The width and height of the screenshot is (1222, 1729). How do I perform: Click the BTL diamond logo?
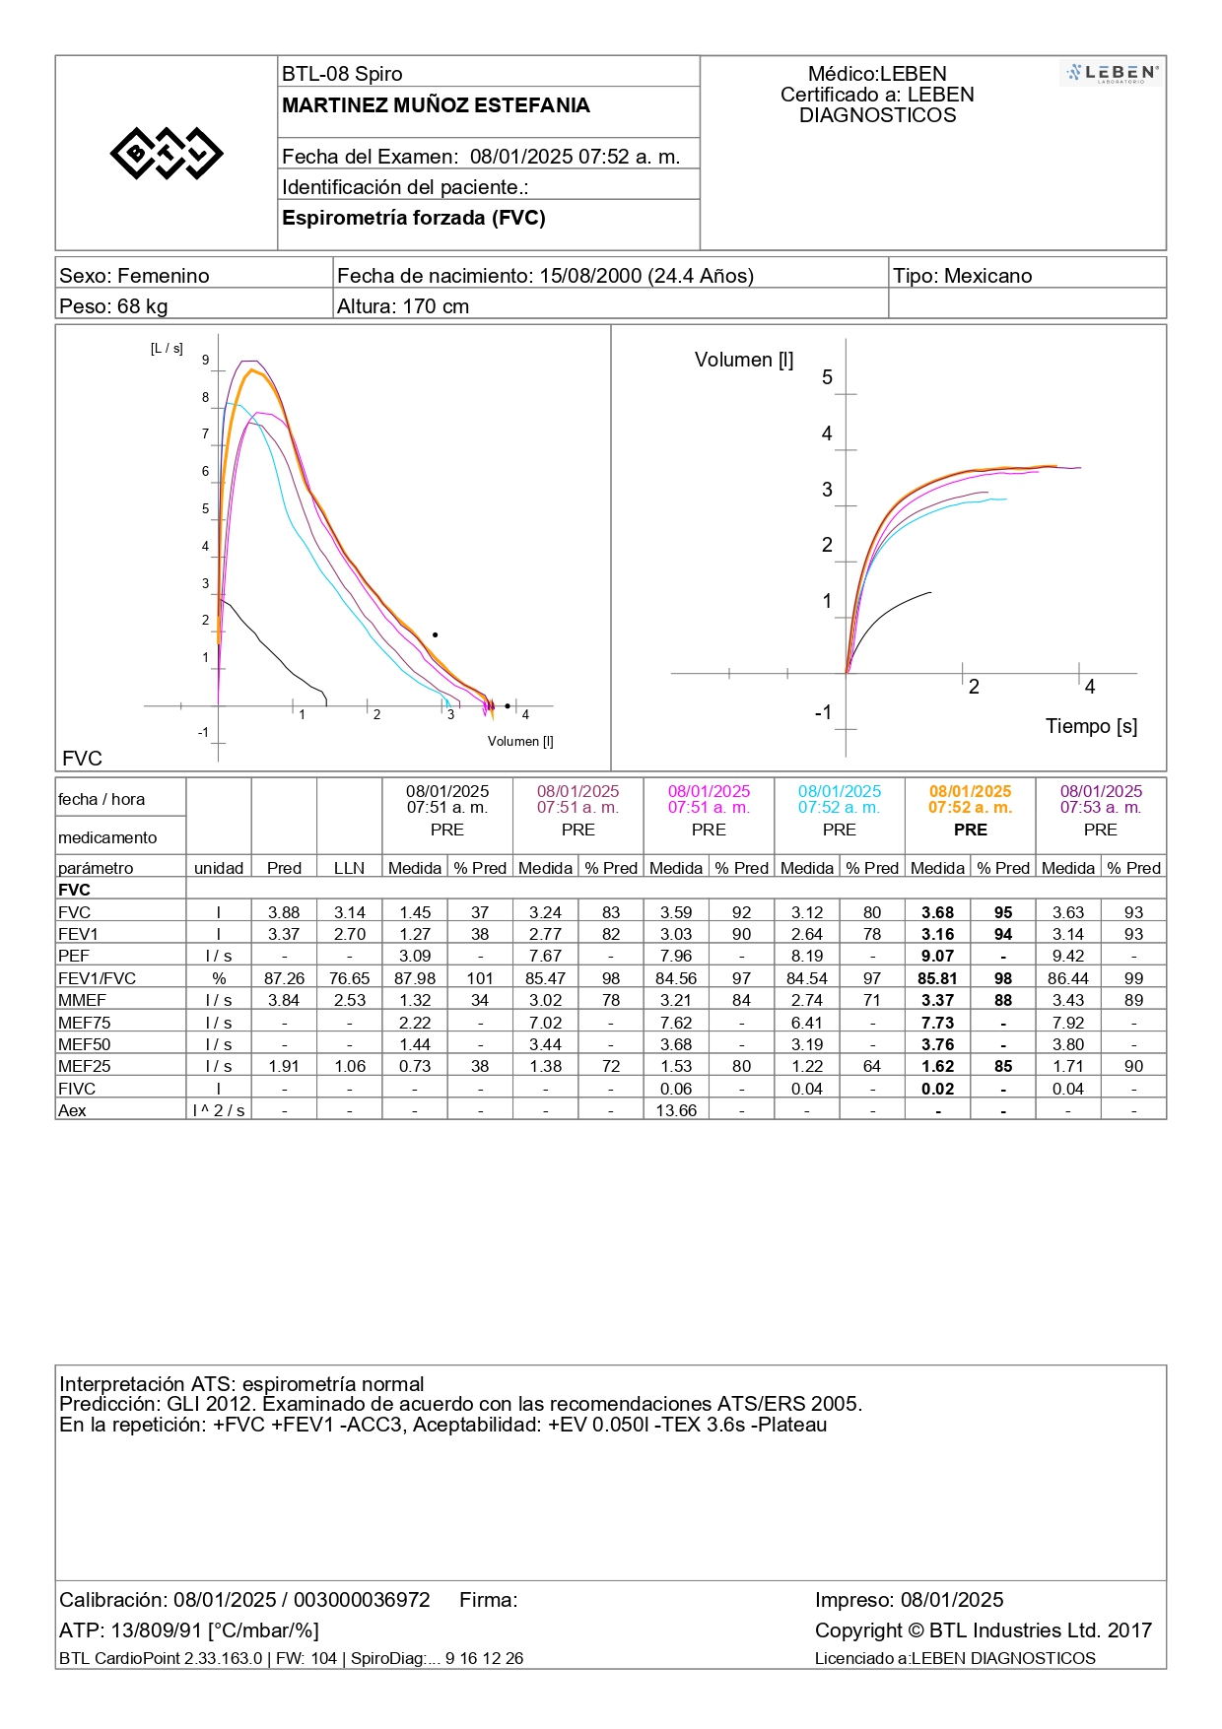coord(167,153)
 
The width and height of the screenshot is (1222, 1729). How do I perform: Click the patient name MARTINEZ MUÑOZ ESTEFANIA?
coord(436,105)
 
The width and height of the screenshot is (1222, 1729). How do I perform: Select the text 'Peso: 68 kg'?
coord(113,306)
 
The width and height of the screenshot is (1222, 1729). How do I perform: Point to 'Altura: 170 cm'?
coord(403,306)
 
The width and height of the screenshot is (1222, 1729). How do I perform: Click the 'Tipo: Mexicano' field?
coord(963,276)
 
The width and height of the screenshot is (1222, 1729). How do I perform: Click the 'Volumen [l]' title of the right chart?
coord(744,360)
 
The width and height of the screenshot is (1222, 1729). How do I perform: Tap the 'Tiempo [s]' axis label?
coord(1091,726)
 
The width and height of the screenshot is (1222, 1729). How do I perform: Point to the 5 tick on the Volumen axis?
coord(827,377)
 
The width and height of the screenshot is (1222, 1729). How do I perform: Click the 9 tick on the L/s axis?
coord(206,361)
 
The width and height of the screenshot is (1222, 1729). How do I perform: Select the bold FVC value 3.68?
coord(937,913)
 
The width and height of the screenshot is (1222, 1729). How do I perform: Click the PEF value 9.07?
coord(937,957)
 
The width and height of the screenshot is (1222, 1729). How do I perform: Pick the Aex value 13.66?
coord(676,1111)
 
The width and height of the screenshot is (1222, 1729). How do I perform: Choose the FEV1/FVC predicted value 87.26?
coord(284,979)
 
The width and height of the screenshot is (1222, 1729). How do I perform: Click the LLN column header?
coord(349,869)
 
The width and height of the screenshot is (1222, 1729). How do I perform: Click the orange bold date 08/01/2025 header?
coord(970,792)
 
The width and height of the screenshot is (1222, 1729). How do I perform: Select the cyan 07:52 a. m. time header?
coord(840,808)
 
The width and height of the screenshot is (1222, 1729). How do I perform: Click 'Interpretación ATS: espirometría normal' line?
coord(241,1384)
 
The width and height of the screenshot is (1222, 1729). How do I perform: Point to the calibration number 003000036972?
coord(362,1600)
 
